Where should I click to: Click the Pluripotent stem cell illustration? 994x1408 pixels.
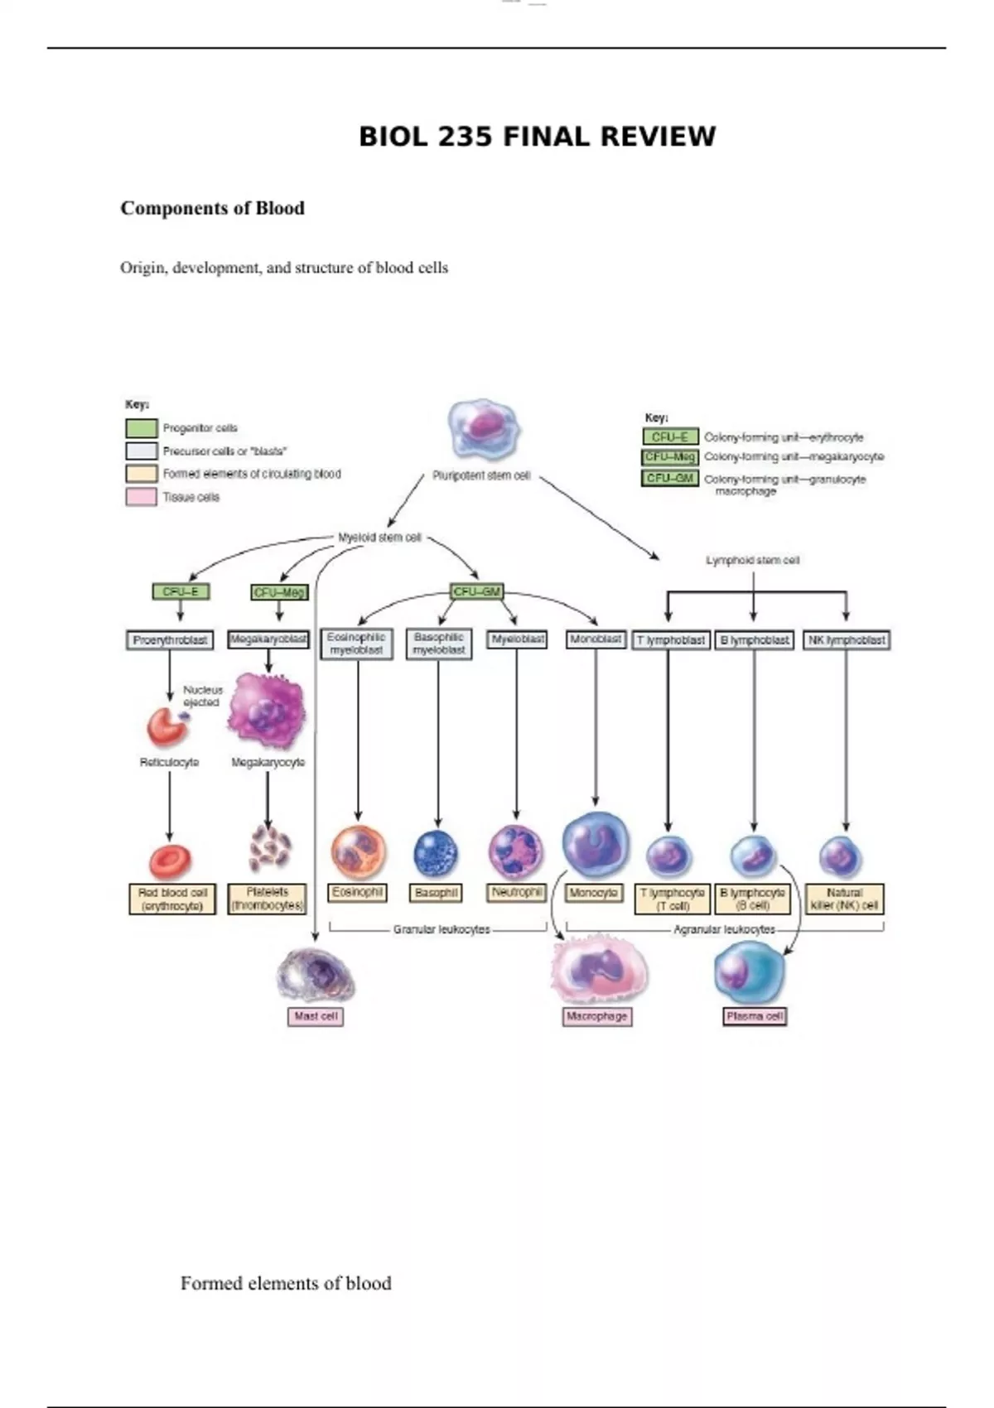point(484,429)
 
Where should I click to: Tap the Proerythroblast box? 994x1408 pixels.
point(170,640)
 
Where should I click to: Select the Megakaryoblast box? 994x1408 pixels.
point(268,639)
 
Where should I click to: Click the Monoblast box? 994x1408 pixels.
point(596,639)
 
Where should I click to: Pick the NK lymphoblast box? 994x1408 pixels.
point(847,640)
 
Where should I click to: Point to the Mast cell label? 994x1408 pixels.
point(316,1016)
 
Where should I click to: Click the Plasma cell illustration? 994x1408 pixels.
point(749,972)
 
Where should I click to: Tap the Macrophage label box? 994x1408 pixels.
point(596,1016)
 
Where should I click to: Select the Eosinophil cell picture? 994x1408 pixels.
point(359,852)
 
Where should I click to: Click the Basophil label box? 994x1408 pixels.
point(437,893)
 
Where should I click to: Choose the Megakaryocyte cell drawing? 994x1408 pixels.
point(267,711)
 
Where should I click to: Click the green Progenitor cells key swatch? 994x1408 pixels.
point(141,428)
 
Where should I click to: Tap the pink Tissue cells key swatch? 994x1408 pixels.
point(141,497)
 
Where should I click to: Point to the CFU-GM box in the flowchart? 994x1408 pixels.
point(477,591)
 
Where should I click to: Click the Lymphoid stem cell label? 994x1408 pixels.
point(752,561)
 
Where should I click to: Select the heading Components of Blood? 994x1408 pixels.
point(212,208)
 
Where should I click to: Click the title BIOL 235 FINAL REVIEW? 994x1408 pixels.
point(537,137)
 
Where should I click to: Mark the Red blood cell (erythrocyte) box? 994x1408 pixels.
point(172,899)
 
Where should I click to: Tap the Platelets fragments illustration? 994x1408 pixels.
point(269,847)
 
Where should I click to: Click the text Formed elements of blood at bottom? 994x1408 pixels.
point(286,1283)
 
